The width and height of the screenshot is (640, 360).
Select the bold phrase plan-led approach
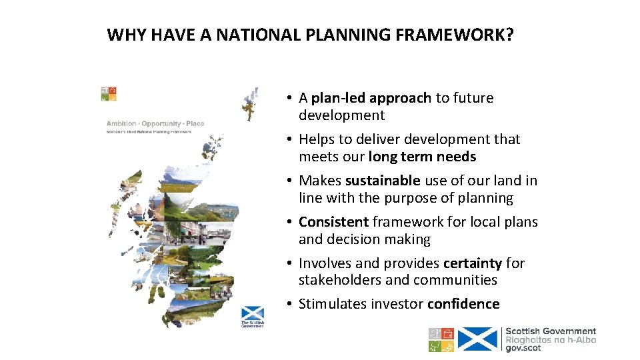click(x=371, y=98)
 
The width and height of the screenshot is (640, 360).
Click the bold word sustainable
click(x=383, y=181)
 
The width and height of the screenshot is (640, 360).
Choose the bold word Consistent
click(x=333, y=222)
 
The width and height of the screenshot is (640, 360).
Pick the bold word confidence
click(x=463, y=304)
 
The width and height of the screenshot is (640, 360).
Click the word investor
click(x=398, y=304)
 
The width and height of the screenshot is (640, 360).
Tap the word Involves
click(x=325, y=263)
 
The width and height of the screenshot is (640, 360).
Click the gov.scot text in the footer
click(x=523, y=348)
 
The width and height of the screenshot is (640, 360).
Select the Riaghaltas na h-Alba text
click(x=551, y=339)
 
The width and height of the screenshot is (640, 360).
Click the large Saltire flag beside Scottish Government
click(x=478, y=339)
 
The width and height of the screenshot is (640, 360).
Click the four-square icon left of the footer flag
click(x=441, y=339)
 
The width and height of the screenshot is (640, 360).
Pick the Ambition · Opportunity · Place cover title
click(x=155, y=123)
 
